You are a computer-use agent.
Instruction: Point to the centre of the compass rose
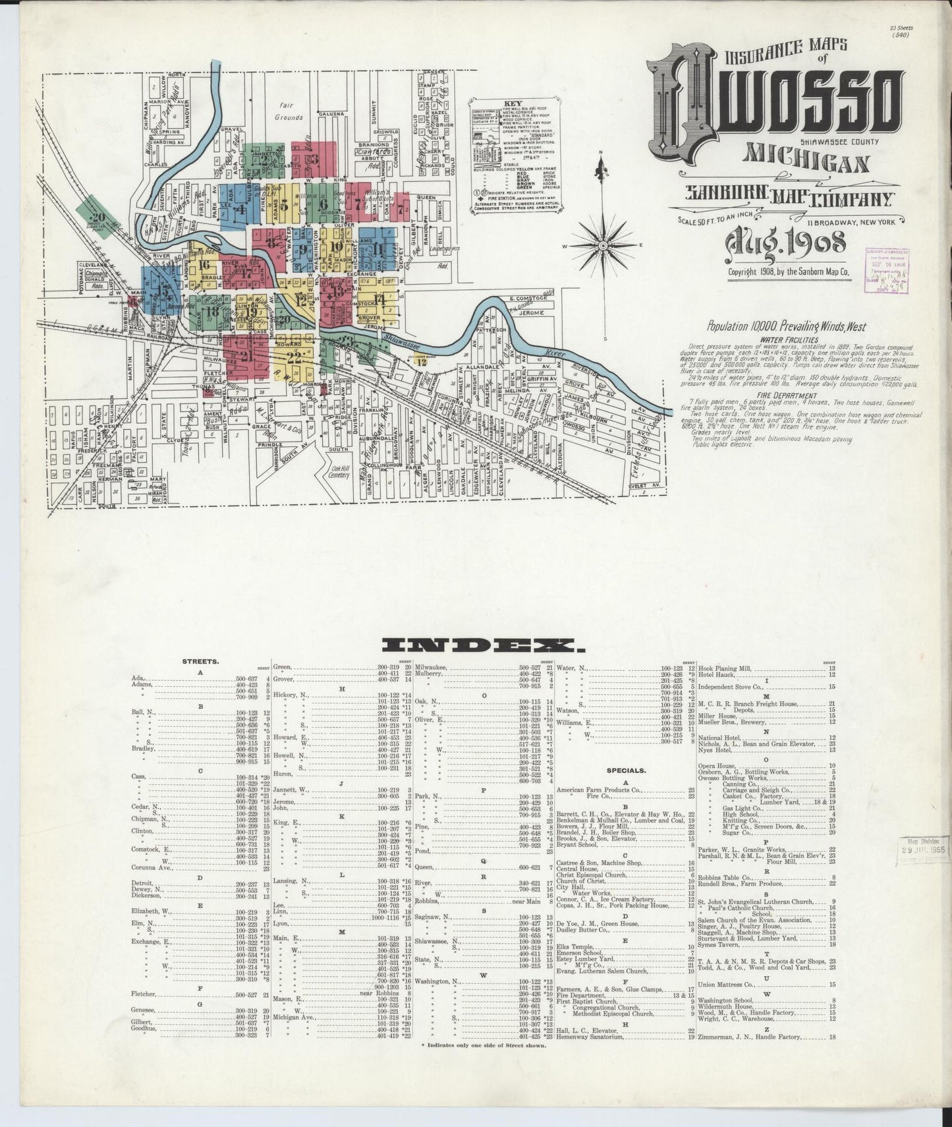(x=602, y=245)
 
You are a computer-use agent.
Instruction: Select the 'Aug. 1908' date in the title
(x=785, y=243)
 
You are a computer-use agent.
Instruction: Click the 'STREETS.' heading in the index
(x=200, y=660)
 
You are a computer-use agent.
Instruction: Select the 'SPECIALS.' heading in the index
(x=627, y=769)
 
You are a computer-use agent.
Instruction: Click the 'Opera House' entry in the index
(x=717, y=766)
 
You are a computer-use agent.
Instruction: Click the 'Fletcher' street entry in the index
(x=144, y=994)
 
